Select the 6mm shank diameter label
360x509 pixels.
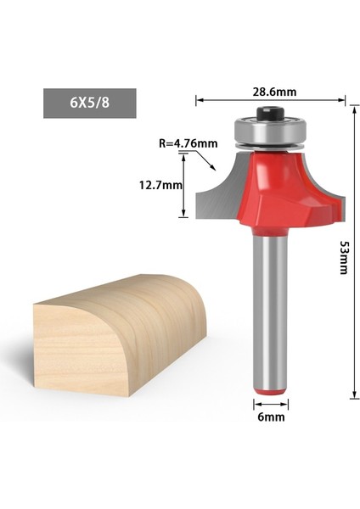tap(272, 417)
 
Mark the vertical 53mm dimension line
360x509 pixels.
tap(350, 255)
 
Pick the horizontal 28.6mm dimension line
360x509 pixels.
tap(271, 101)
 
